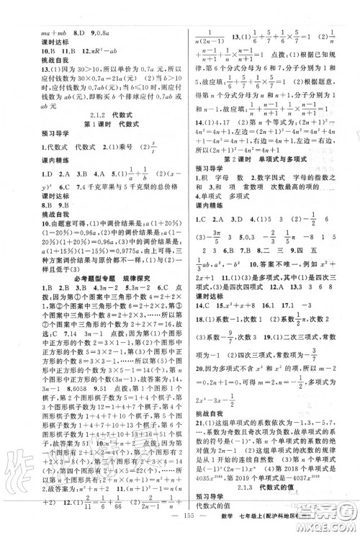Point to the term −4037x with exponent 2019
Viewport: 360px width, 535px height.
pyautogui.click(x=321, y=465)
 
